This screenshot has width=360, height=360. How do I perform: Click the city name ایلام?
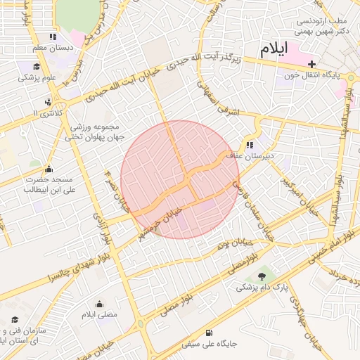[274, 49]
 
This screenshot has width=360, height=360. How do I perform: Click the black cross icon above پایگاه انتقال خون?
[312, 64]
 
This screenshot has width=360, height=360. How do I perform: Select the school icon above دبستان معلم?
[53, 37]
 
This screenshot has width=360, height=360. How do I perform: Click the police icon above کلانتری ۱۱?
[48, 101]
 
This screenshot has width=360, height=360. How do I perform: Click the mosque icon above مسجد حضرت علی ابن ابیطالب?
[48, 169]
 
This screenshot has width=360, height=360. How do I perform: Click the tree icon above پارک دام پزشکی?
[262, 276]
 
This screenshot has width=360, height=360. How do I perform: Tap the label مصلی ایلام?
[99, 314]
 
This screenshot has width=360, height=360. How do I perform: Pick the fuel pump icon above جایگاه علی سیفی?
[209, 333]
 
